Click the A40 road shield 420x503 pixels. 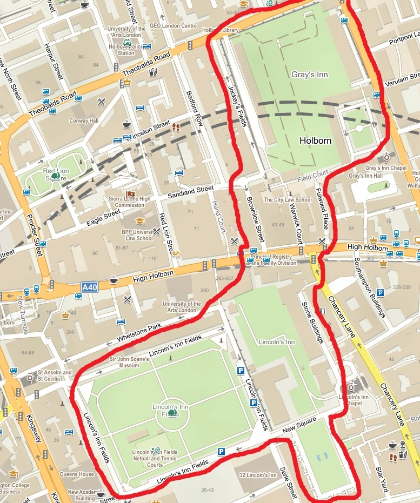pyautogui.click(x=89, y=287)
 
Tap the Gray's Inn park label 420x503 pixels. pyautogui.click(x=310, y=75)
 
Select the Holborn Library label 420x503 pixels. pyautogui.click(x=221, y=31)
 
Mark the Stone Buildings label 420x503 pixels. pyautogui.click(x=312, y=322)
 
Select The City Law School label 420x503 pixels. pyautogui.click(x=288, y=200)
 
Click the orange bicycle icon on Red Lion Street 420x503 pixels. pyautogui.click(x=176, y=253)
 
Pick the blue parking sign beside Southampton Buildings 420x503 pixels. pyautogui.click(x=380, y=293)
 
